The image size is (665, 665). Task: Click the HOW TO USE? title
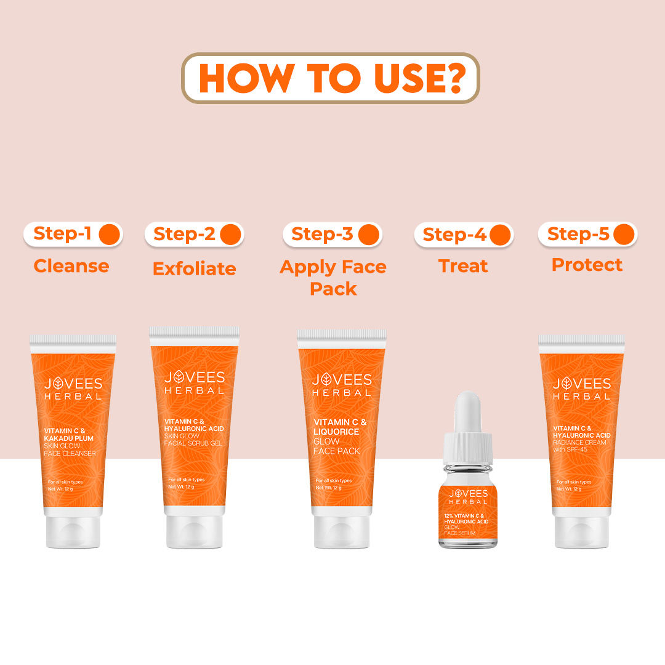pos(331,78)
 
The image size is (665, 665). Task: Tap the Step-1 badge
pos(73,234)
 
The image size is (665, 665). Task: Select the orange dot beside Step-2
pos(230,235)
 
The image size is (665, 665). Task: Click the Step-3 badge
pos(332,235)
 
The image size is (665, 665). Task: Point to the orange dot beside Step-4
pos(499,235)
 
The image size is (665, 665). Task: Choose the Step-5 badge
pos(587,235)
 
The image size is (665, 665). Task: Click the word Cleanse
pos(71,266)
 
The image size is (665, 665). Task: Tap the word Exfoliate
pos(195,268)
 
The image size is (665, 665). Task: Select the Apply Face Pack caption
pos(333,277)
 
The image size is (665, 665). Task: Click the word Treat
pos(463,266)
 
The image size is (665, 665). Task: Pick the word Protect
pos(587,265)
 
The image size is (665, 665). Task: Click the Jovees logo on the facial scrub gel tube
pos(195,382)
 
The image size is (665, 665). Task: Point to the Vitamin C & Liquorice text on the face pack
pos(341,427)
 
